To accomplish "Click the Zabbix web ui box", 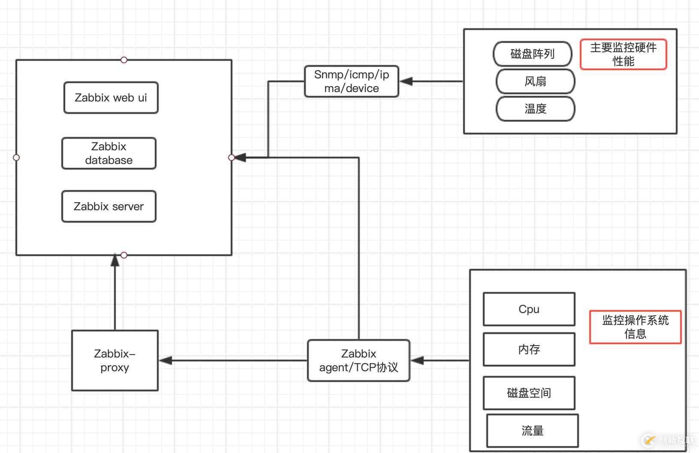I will coord(111,98).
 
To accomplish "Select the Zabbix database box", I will coord(109,153).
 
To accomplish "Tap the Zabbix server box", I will coord(109,206).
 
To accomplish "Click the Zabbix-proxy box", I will coord(115,361).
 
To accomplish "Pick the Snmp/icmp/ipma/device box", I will coord(352,81).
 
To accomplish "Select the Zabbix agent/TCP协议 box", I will coord(359,361).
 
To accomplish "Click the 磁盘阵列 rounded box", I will coord(533,54).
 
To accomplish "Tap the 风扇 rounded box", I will coord(535,81).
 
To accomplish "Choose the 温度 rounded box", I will coord(535,109).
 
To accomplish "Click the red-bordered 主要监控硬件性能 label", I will coord(623,54).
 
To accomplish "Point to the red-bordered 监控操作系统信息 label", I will coord(635,327).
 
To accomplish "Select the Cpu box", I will coord(529,309).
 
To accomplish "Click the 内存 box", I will coord(529,349).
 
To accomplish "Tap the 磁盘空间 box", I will coord(529,393).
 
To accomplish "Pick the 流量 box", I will coord(532,431).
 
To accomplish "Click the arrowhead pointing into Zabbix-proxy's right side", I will coord(166,361).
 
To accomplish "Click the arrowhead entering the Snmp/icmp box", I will coord(406,81).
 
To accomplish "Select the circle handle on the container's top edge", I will coord(124,60).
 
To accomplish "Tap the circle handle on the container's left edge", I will coord(16,158).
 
